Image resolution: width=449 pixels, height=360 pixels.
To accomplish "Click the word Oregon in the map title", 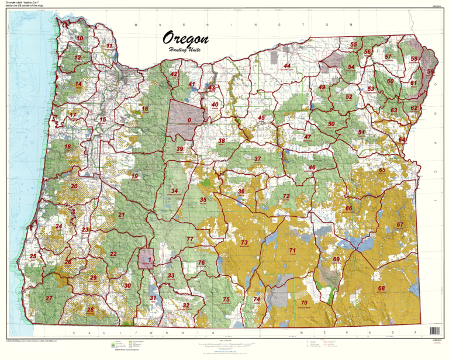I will coord(186,39).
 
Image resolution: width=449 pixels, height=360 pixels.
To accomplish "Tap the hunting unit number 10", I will coord(80,39).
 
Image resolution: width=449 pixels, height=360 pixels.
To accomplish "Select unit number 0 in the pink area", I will coord(189,120).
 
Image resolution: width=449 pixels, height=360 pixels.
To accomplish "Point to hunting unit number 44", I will coord(286,65).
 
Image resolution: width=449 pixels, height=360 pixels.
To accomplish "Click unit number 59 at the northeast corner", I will coord(430,72).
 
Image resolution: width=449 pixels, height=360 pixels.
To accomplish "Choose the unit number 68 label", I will coord(381,288).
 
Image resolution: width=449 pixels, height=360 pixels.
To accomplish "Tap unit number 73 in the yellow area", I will coord(244,242).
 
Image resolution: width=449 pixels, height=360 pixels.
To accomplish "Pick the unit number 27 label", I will coord(49,299).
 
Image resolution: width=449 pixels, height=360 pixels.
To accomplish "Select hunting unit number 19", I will coord(134,176).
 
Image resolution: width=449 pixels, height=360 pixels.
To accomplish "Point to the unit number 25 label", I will coord(33,256).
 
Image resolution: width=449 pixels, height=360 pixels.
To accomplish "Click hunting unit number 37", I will coord(257,158).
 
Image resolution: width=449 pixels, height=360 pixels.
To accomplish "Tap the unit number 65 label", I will coord(382,170).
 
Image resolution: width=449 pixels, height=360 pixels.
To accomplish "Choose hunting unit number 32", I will coord(186,305).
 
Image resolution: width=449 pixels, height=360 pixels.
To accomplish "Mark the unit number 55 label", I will coord(353,44).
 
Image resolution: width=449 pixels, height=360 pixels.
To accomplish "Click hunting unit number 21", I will coord(122,215).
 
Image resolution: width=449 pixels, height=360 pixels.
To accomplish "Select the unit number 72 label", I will coord(286,196).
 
